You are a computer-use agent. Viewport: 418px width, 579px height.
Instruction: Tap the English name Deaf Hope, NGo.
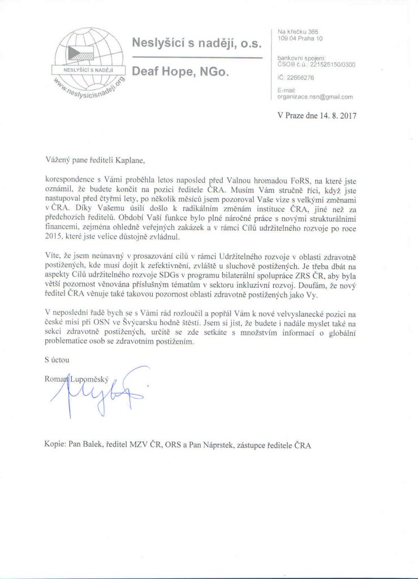[180, 72]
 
